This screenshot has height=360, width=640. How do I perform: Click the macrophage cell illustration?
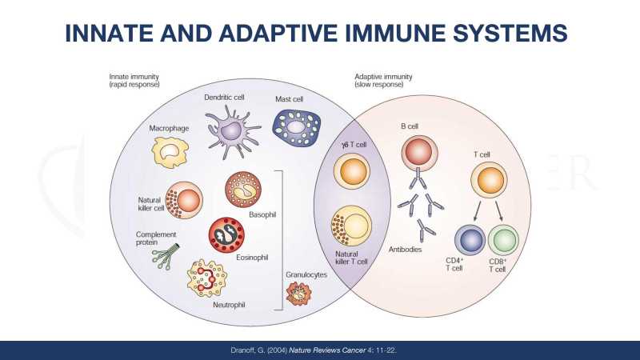[171, 150]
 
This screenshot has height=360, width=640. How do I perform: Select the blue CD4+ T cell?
[470, 242]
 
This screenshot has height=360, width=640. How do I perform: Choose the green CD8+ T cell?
[503, 242]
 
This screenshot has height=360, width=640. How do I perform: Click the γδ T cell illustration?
[354, 171]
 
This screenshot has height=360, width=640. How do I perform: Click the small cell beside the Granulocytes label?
[298, 294]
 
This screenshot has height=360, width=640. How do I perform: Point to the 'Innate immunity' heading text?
[134, 77]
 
